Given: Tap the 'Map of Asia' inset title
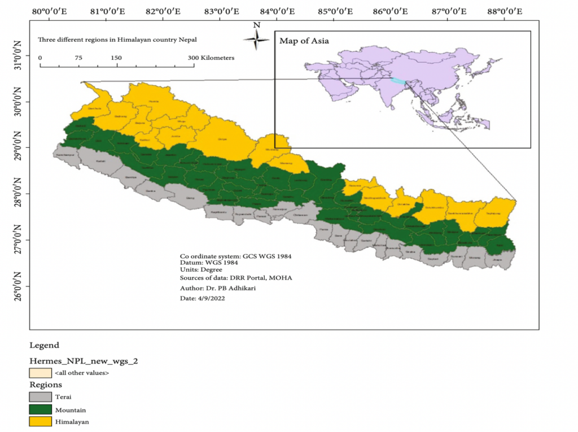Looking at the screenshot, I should [304, 41].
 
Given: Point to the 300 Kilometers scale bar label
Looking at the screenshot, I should [211, 58].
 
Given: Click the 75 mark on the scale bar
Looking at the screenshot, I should [78, 58].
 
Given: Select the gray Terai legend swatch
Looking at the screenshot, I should [40, 397].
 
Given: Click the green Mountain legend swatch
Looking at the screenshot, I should [40, 409].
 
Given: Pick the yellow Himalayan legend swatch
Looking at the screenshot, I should [40, 421].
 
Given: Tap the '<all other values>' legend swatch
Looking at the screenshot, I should [40, 373].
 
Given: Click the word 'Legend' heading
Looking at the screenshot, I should [44, 345].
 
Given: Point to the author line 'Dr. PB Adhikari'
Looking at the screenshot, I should [212, 288].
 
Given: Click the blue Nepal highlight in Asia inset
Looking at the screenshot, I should [398, 81].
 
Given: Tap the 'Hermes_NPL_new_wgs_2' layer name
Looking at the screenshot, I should [84, 361].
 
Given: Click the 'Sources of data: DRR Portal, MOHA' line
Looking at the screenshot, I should [235, 278].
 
